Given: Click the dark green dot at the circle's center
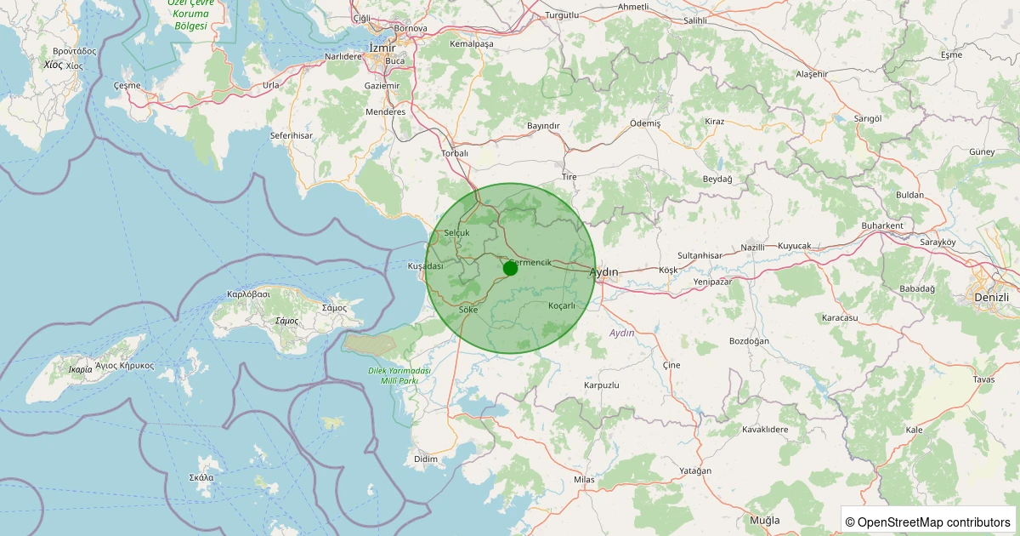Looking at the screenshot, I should tap(510, 268).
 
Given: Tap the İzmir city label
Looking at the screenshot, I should tap(382, 48).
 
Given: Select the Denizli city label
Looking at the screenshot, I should tap(992, 298).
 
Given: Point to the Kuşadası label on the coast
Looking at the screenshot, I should tap(426, 266).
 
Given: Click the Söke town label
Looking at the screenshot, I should tap(467, 310).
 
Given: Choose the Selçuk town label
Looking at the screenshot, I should tap(456, 232).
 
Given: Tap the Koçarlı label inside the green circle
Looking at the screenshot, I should tap(562, 305).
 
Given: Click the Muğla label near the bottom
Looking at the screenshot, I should tap(764, 520).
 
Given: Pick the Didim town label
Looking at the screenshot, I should tap(425, 459).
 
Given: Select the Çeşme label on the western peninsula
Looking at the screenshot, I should tap(127, 86).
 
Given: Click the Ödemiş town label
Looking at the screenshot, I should tap(644, 123).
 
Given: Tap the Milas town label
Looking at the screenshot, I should tap(584, 480).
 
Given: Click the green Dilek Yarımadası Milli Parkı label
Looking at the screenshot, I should tap(399, 376).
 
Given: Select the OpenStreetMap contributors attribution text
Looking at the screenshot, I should tap(929, 522).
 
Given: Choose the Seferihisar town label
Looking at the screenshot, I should tap(292, 135).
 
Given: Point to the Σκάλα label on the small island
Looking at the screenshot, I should tap(201, 477).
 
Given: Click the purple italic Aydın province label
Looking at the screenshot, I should tap(622, 333).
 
